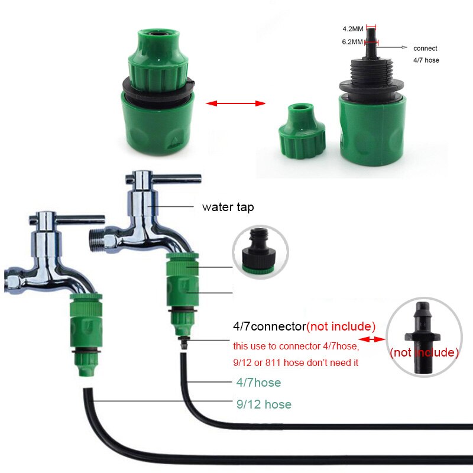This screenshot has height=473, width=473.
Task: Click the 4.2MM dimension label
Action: coord(352,29)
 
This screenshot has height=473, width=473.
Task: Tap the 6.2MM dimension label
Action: coord(352,42)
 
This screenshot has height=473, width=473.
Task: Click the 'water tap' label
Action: coord(228,208)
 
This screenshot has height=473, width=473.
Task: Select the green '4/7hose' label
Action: coord(258,383)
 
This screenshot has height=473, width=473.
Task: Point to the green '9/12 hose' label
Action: coord(264,404)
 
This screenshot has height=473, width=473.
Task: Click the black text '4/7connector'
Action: coord(270,326)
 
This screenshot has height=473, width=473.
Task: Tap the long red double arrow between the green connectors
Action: coord(235,103)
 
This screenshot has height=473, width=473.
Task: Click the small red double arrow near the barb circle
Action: coord(372,339)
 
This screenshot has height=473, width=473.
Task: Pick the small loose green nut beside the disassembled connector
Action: coord(302,131)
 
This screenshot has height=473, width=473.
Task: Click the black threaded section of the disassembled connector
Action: coord(372,76)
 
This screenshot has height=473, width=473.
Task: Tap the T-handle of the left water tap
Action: coord(67,219)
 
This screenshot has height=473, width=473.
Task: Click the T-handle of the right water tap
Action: coord(163,179)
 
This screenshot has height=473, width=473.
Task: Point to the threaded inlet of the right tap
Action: coord(96,240)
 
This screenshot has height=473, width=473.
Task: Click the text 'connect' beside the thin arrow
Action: coord(425,48)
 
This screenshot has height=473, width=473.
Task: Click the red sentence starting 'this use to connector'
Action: coord(296,346)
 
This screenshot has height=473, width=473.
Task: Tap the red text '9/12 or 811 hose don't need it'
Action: coord(296,362)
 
